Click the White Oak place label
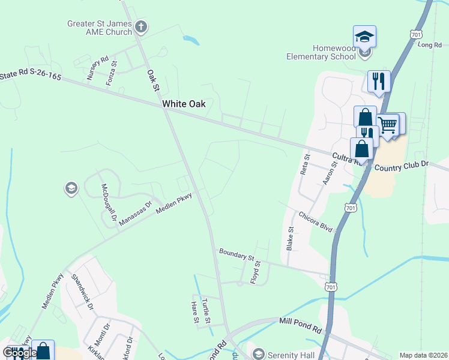point(184,104)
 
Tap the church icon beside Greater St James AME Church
point(142,26)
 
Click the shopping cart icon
point(388,125)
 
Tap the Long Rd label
point(429,45)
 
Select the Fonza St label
point(111,72)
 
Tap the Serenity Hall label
point(291,355)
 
